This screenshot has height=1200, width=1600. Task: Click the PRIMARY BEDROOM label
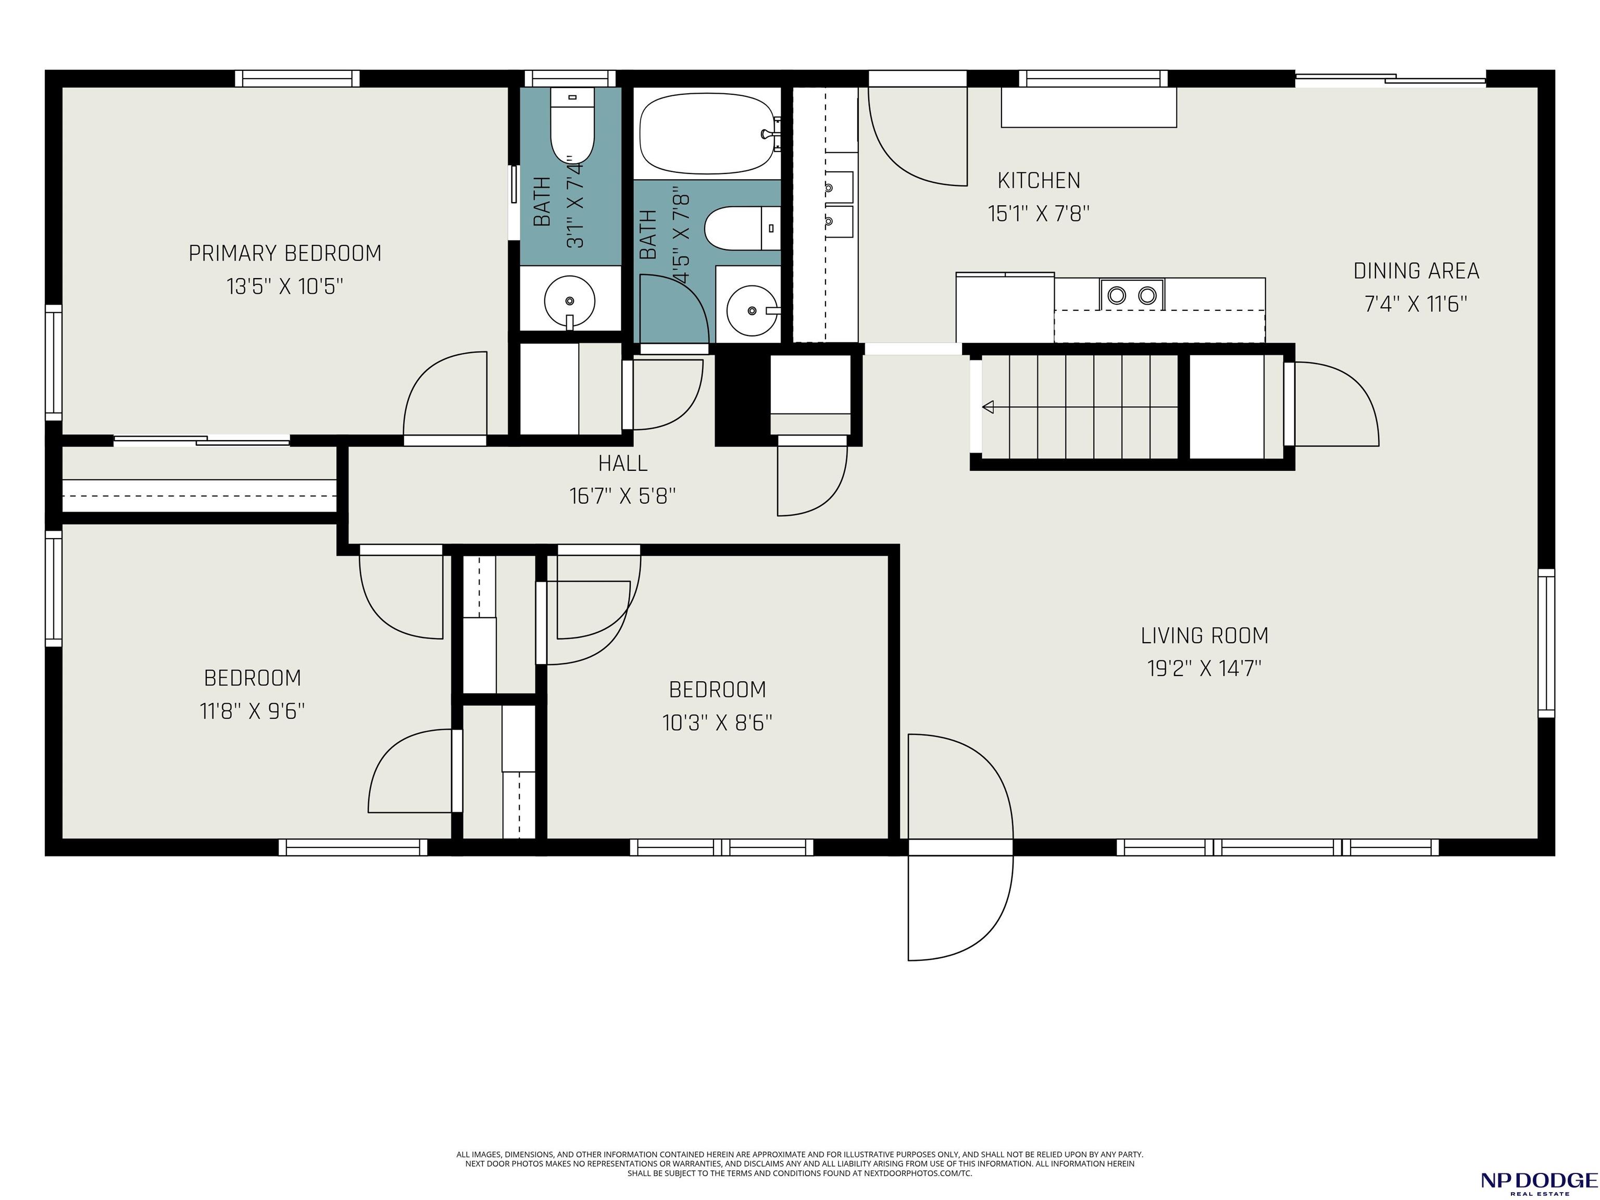click(285, 253)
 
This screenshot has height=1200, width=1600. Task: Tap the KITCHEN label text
click(1039, 180)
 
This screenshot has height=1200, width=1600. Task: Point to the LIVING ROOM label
click(1204, 636)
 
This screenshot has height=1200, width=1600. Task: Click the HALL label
click(623, 463)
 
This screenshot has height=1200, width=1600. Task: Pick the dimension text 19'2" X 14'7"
click(1204, 668)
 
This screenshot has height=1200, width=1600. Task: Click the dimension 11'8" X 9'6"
click(253, 711)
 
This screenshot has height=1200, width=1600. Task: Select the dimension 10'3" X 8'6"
click(718, 722)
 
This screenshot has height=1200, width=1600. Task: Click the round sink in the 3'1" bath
click(570, 300)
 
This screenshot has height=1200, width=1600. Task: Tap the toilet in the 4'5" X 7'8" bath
click(742, 228)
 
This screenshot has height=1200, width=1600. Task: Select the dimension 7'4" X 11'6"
click(1416, 303)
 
